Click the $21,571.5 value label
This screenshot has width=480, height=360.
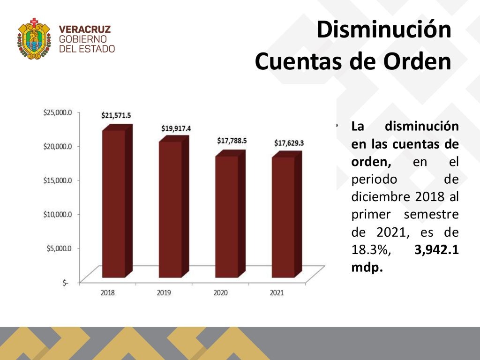(116, 115)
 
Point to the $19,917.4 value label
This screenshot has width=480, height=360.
(176, 128)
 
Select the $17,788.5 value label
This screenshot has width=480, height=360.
(232, 141)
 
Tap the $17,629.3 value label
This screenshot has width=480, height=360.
(289, 142)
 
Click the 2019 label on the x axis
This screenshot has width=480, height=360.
(164, 293)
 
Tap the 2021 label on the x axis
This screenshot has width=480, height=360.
(277, 293)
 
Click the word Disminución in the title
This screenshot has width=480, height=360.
(383, 30)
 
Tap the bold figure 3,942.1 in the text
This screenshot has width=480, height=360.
(436, 250)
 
